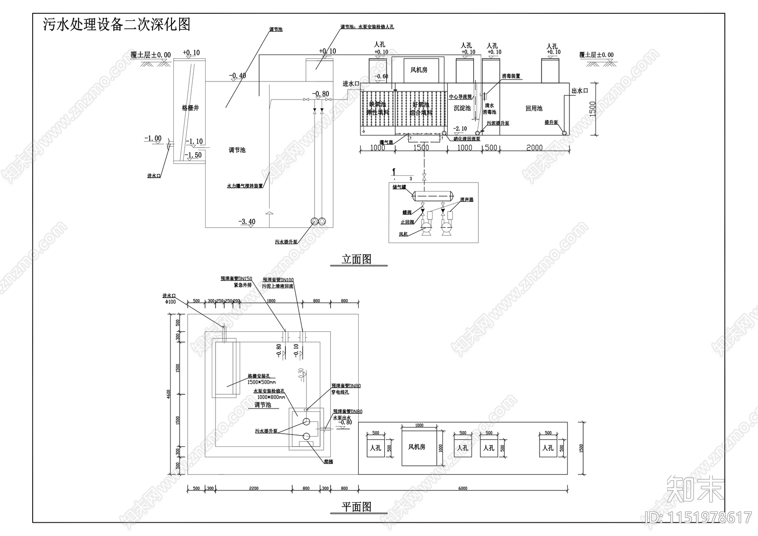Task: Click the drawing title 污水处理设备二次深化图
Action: (x=117, y=25)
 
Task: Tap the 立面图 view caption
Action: (x=356, y=259)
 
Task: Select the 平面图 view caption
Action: (x=356, y=507)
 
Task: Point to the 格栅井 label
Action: (x=190, y=108)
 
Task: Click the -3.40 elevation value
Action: (x=247, y=221)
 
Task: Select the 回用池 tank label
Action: (x=534, y=109)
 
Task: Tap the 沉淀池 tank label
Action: (x=462, y=109)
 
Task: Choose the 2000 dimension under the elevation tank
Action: (x=534, y=148)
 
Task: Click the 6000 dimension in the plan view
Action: (x=463, y=489)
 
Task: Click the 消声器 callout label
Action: (x=466, y=200)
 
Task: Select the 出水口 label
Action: (x=579, y=91)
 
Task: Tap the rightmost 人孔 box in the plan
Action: (x=548, y=448)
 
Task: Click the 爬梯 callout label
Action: (x=328, y=461)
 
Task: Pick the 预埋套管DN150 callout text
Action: (x=236, y=279)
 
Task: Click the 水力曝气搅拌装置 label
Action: (x=244, y=187)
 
